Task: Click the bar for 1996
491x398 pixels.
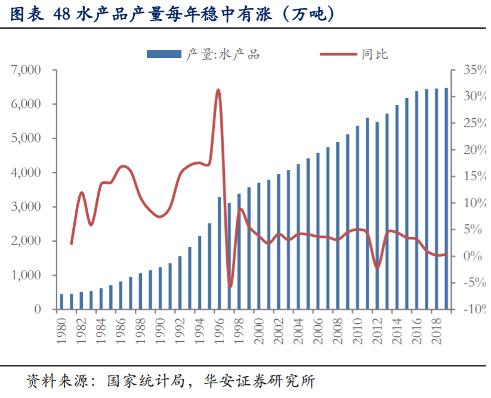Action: point(219,253)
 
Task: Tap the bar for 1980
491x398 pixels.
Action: point(61,302)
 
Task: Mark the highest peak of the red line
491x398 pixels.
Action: point(218,90)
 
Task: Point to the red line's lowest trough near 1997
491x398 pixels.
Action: point(230,287)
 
